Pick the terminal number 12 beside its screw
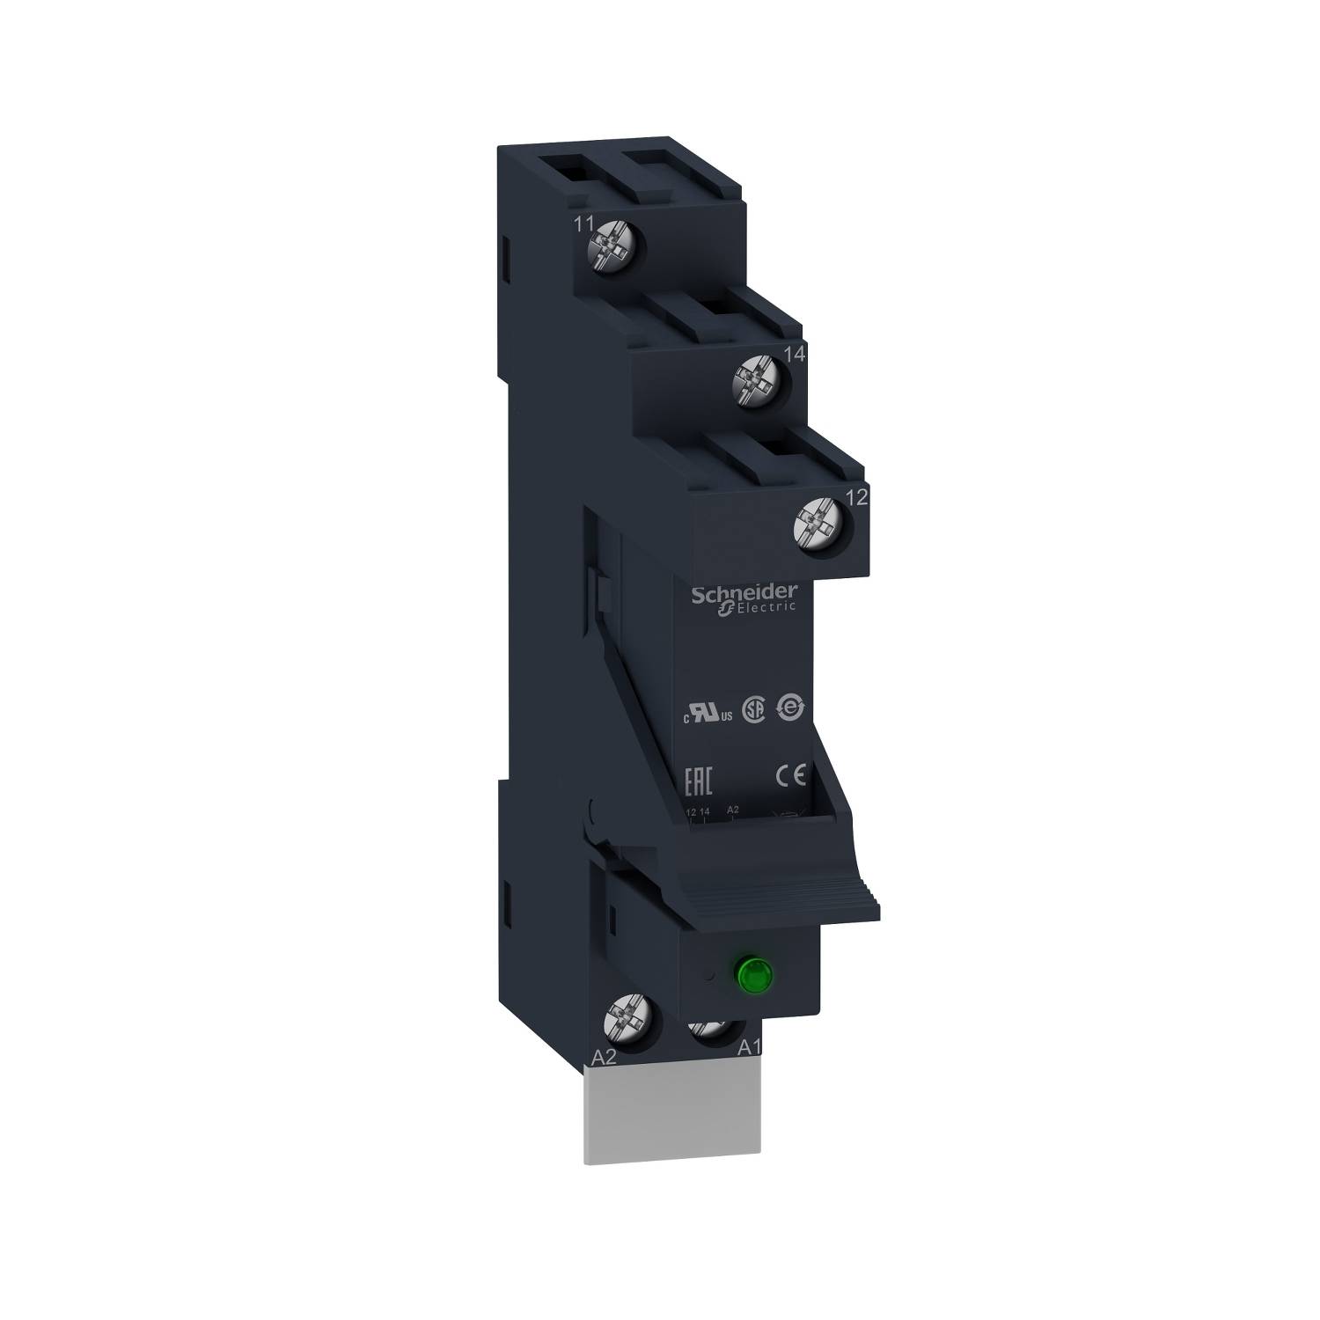point(856,497)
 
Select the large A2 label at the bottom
point(605,1060)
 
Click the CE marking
point(789,776)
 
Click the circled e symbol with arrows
point(789,709)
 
